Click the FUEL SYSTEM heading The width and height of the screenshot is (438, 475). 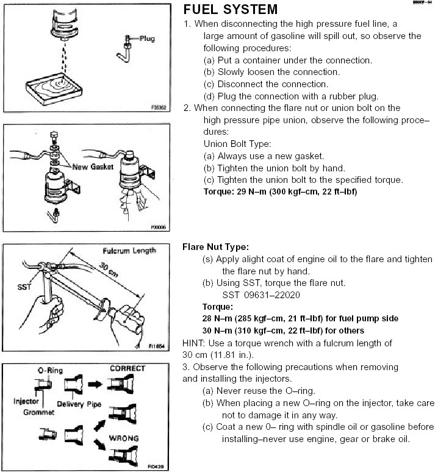(x=230, y=10)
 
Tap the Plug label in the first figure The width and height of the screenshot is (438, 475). (x=147, y=38)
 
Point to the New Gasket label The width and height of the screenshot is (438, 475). (x=92, y=166)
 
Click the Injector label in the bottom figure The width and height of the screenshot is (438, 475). (x=27, y=402)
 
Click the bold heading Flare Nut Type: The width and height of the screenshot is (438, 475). (x=215, y=247)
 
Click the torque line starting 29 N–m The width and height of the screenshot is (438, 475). (x=280, y=191)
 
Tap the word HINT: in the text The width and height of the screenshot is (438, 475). (x=195, y=343)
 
